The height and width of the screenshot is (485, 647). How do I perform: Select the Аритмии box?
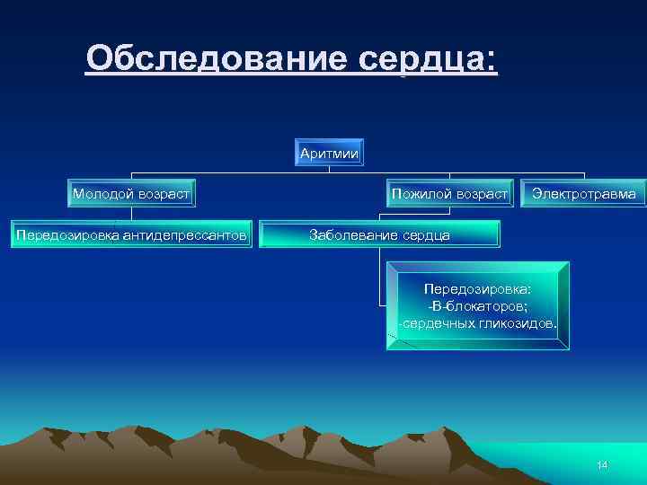330,154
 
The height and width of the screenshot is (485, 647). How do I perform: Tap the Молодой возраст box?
131,193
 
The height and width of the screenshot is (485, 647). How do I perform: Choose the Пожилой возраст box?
449,193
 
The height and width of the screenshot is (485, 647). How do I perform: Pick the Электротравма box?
583,193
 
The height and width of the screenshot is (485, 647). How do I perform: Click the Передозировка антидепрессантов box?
131,234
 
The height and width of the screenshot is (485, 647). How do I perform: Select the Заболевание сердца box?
379,234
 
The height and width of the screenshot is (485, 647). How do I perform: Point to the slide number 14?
602,464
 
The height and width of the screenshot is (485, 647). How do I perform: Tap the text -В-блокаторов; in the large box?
477,305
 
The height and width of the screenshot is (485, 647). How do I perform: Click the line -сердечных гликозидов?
477,322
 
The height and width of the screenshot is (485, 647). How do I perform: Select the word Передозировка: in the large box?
477,289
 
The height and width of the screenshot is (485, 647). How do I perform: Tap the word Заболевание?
356,234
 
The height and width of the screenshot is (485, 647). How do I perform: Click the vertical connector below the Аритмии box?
330,169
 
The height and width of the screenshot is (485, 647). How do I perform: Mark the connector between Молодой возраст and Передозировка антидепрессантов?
131,214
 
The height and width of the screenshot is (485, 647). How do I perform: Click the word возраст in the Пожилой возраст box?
481,193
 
